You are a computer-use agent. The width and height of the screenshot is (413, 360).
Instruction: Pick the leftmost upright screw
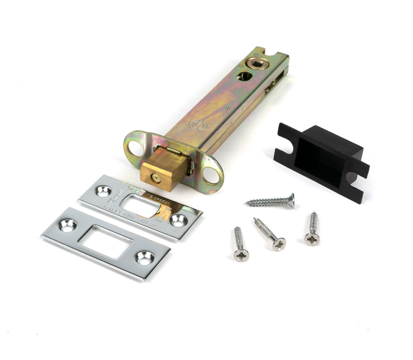[x=240, y=245]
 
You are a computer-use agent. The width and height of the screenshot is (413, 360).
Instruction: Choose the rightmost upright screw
[x=312, y=229]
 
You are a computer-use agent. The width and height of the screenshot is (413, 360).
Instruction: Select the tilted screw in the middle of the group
[x=269, y=234]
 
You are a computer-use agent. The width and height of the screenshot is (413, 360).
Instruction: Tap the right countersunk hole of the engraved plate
[x=177, y=220]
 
